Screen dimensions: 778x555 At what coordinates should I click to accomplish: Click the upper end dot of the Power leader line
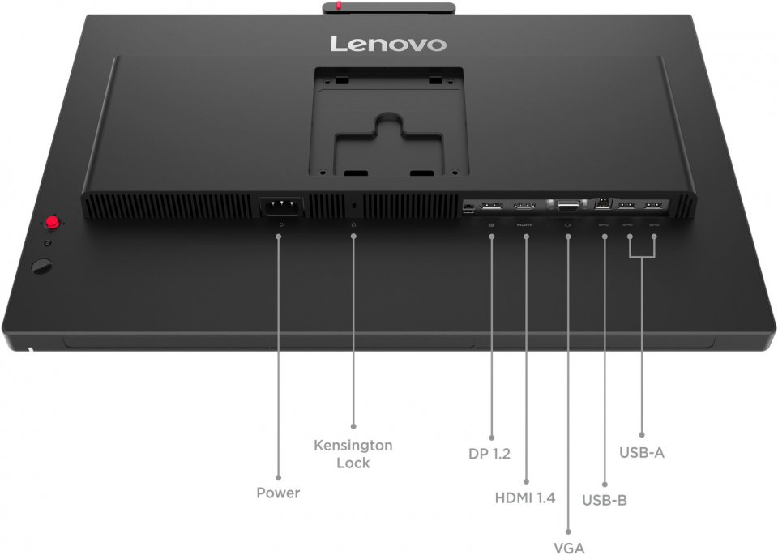point(278,237)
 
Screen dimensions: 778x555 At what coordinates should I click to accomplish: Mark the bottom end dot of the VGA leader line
point(568,532)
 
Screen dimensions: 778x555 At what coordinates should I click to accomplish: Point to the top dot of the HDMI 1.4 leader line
point(526,237)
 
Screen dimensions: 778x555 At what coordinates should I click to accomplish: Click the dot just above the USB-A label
point(642,435)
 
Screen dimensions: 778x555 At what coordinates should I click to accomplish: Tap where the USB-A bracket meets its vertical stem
point(642,257)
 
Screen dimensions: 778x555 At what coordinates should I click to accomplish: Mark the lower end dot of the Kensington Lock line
point(353,426)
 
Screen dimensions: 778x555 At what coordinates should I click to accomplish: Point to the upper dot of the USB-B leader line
point(605,237)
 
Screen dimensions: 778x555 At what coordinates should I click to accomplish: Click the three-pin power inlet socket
point(282,206)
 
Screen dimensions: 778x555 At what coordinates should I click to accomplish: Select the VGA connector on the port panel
point(568,205)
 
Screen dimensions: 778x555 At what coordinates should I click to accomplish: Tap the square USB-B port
point(603,203)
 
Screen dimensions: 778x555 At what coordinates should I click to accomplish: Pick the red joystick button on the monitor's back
point(52,222)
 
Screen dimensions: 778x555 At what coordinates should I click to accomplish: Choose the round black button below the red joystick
point(41,267)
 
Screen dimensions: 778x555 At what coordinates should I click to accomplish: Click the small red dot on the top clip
point(339,6)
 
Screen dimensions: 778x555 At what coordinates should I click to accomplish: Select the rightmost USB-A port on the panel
point(653,205)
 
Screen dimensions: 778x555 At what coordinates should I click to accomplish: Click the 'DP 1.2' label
point(489,454)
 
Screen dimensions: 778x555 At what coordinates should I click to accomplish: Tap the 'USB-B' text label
point(605,500)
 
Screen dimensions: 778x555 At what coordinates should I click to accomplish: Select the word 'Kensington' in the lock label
point(353,446)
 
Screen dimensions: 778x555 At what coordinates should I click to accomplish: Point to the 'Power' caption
point(278,493)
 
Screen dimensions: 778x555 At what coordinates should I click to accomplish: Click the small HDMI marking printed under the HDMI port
point(524,224)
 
